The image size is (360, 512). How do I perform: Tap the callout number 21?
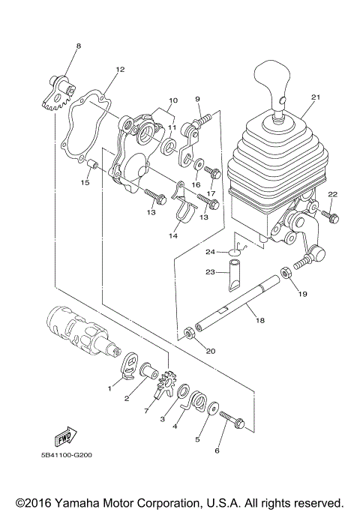[x=315, y=97]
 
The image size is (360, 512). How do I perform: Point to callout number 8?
[x=77, y=47]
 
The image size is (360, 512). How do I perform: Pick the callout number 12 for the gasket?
[x=119, y=69]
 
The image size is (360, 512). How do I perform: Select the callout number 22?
[x=333, y=194]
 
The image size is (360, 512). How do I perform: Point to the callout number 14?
[x=172, y=235]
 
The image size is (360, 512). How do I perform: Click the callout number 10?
[x=172, y=100]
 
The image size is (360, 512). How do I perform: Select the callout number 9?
[x=198, y=99]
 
